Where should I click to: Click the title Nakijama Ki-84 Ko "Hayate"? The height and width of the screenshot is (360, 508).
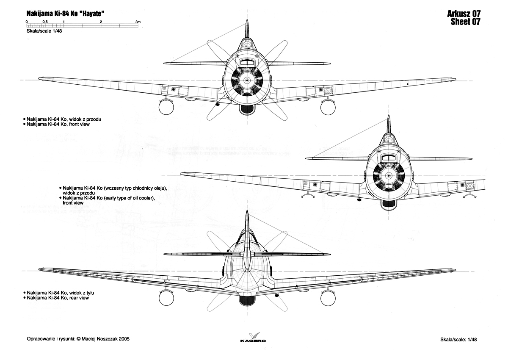(65, 14)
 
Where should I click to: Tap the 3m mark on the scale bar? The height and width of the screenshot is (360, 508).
(138, 22)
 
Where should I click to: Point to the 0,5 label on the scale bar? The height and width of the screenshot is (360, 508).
(45, 22)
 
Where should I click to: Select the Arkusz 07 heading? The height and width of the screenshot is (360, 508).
(464, 14)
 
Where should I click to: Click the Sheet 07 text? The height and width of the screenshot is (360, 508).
(465, 22)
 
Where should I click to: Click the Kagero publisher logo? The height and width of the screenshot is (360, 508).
(253, 337)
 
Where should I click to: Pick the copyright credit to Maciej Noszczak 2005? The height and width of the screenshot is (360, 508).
(78, 339)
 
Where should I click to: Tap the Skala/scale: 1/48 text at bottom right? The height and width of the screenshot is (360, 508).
(458, 340)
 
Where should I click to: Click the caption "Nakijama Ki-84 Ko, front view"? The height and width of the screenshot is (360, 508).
(58, 125)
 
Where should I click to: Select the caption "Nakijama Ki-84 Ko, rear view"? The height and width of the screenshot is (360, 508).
(58, 298)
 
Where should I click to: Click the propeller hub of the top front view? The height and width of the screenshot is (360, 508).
(247, 80)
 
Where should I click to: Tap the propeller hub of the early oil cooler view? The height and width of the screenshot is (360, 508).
(389, 176)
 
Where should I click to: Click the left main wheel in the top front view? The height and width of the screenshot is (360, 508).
(166, 108)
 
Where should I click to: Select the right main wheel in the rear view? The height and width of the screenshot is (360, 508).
(328, 298)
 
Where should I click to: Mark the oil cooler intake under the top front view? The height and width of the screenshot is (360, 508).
(247, 110)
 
